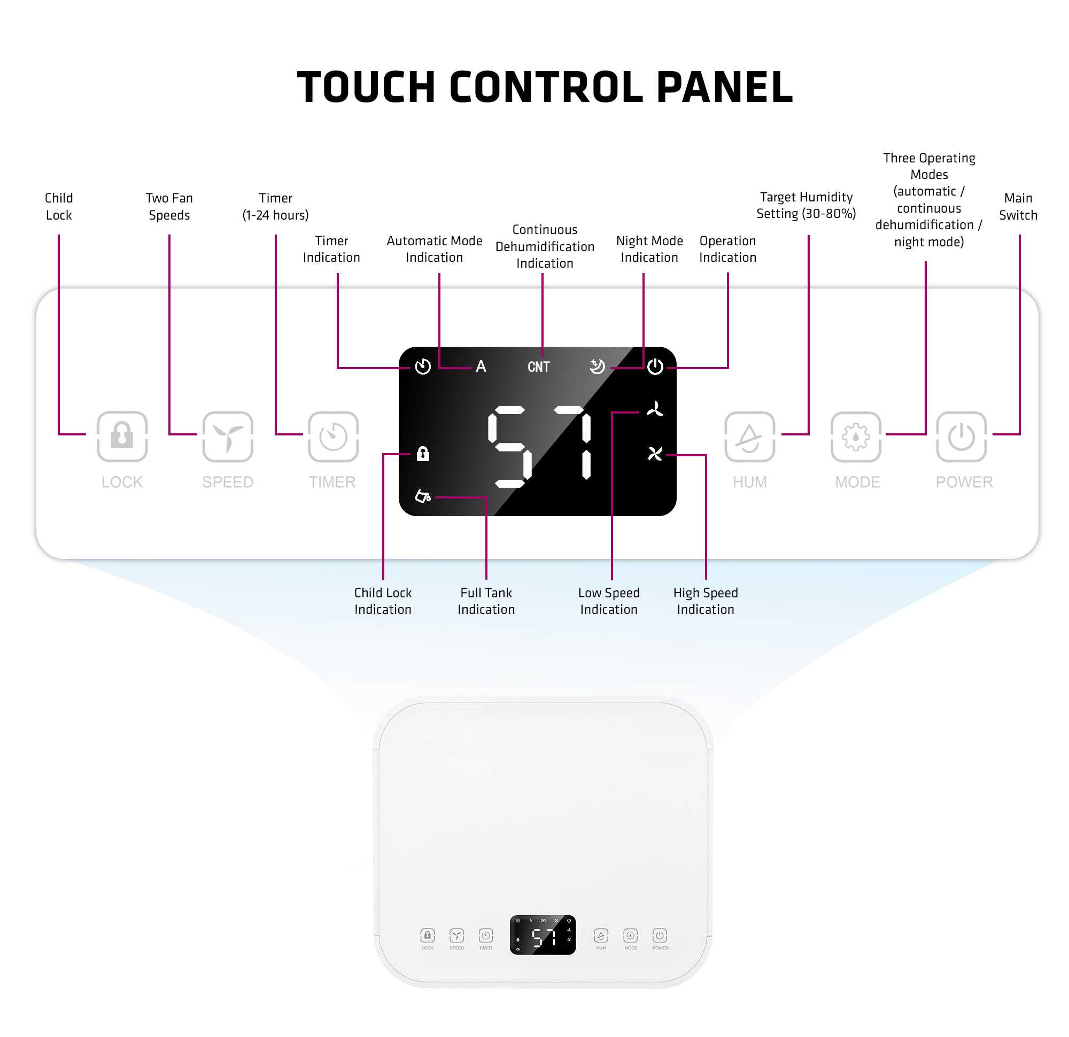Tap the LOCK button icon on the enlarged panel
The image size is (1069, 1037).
[x=122, y=436]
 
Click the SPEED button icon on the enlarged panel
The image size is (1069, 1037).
[x=228, y=436]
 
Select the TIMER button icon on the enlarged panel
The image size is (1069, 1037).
[x=333, y=436]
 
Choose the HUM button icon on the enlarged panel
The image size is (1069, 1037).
[x=749, y=436]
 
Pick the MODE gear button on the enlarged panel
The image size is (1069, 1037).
[x=856, y=436]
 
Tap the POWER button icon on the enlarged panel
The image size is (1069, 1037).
[x=962, y=436]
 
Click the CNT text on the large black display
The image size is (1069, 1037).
[x=538, y=367]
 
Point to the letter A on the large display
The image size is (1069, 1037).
[x=481, y=367]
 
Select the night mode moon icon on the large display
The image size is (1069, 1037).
[x=597, y=367]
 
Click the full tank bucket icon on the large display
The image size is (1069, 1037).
[x=423, y=496]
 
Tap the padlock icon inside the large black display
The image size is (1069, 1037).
[x=423, y=454]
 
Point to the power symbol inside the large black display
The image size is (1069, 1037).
[x=655, y=367]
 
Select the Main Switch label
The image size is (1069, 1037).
[x=1018, y=206]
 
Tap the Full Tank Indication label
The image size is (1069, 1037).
[x=486, y=601]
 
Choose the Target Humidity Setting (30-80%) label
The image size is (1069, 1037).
[x=806, y=205]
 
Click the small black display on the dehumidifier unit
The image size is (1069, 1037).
[x=543, y=935]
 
